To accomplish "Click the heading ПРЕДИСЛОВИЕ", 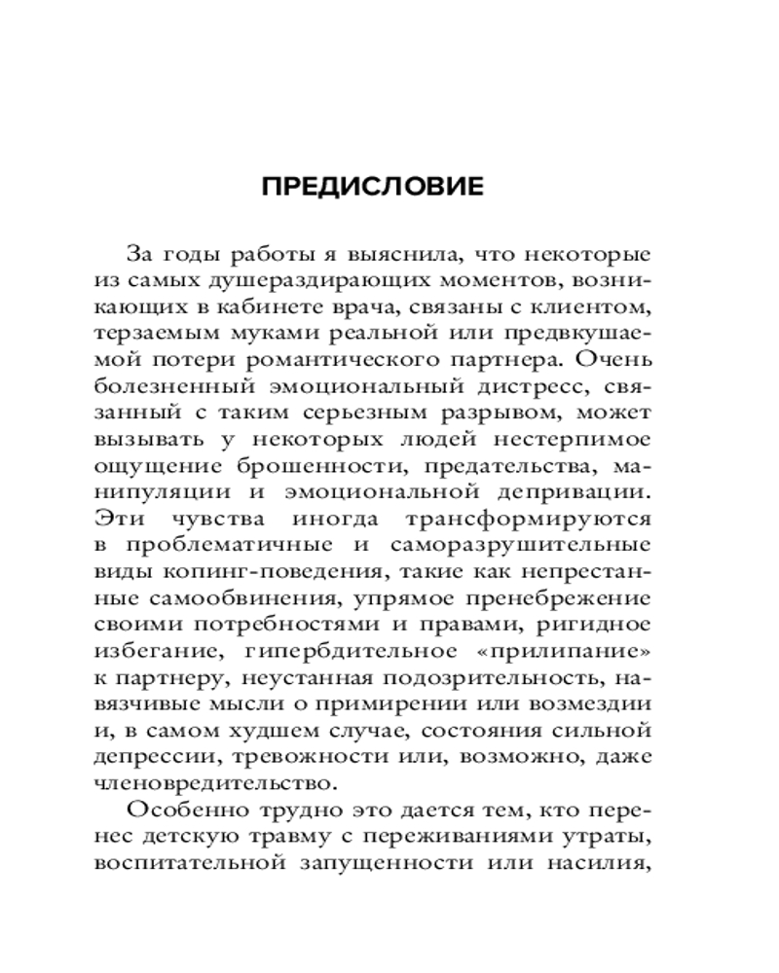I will coord(374,187).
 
